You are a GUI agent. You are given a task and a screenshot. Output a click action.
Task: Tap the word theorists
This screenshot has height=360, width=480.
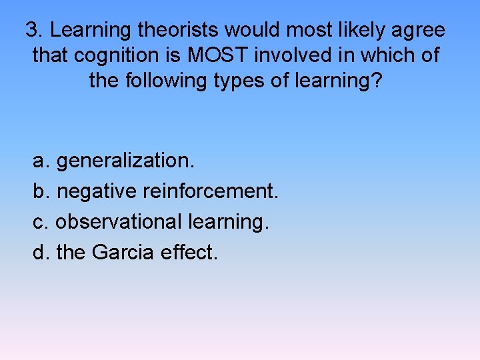(179, 31)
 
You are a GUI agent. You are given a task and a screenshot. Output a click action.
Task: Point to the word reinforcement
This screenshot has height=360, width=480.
(209, 192)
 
